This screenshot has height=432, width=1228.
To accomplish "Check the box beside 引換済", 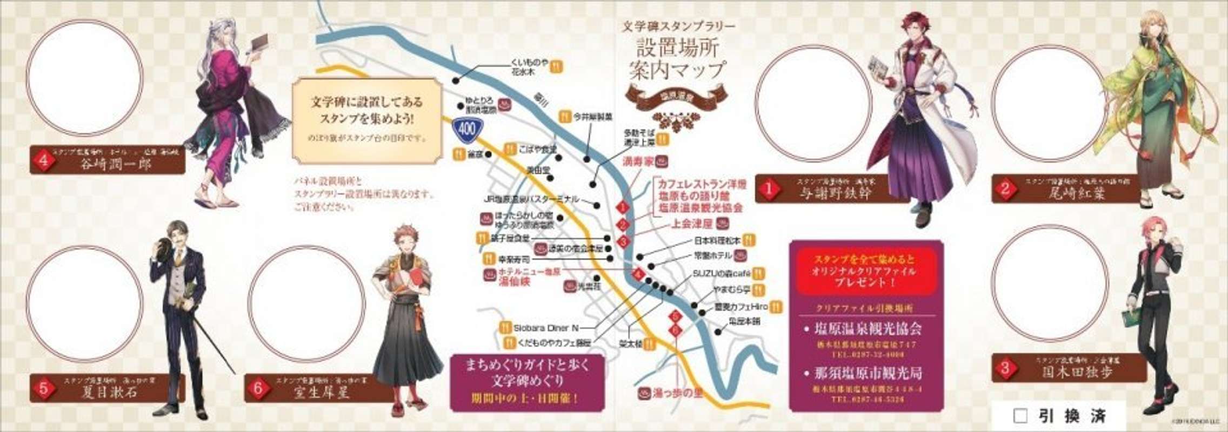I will coord(1020,416).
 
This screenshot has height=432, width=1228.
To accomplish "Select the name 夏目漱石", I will coord(109,391).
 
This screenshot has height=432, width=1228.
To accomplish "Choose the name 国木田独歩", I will coord(1077,372).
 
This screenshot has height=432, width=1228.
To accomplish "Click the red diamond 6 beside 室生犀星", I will coord(258,389).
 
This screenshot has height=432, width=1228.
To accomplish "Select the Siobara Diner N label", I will coord(546,327).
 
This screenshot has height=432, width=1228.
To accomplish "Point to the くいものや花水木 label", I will coord(530,67).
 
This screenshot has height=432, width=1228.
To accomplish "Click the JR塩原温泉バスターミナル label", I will coord(531,199).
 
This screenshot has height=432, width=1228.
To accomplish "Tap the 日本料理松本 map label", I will coord(717,241).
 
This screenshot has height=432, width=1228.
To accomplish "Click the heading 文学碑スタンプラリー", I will coord(678,26).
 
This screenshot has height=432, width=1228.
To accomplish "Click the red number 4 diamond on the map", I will coord(639,275).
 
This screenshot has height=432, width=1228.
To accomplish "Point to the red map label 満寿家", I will coord(638,161).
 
